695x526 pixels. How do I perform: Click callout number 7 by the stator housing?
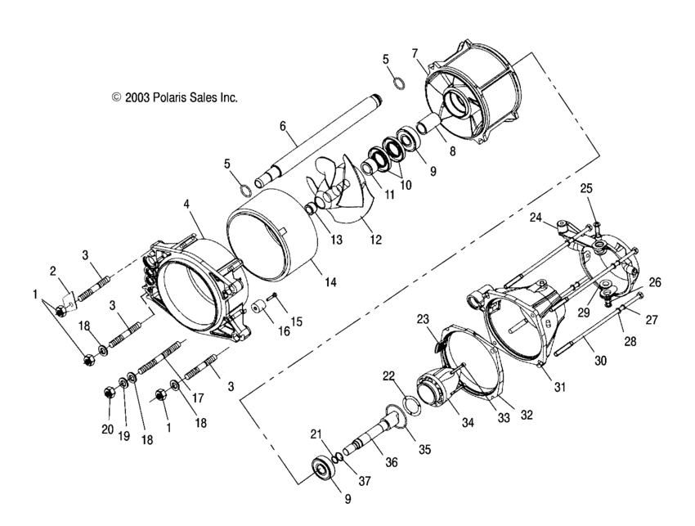coord(415,52)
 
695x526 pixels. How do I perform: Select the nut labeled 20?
coord(108,394)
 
